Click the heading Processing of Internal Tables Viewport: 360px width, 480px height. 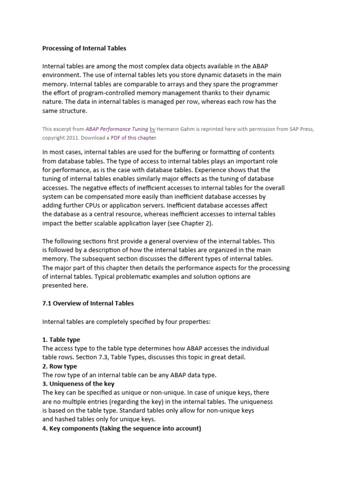tap(84, 48)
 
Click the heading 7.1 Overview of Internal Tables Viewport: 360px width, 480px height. tap(88, 303)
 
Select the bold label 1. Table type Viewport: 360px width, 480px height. tap(61, 339)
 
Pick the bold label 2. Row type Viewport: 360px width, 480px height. tap(60, 366)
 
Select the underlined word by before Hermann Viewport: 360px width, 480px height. tap(152, 129)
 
